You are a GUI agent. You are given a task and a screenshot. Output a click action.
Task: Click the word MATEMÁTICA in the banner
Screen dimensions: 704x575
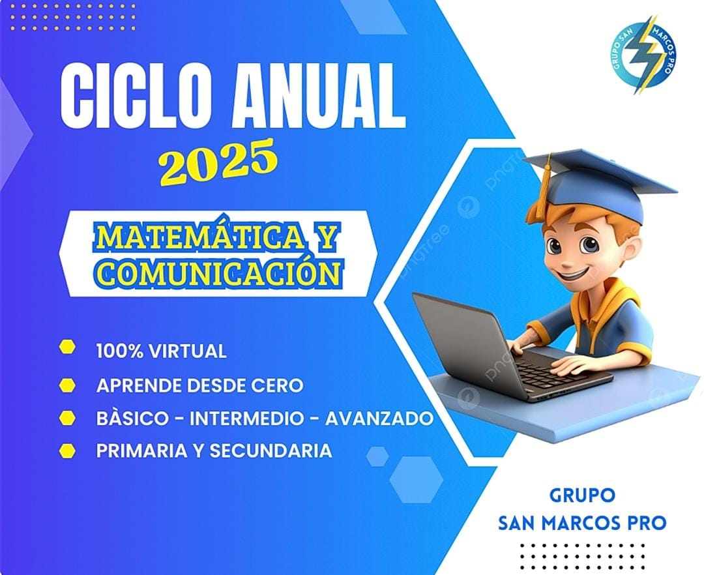199,237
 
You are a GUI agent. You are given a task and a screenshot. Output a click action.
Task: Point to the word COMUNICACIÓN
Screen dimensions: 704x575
218,272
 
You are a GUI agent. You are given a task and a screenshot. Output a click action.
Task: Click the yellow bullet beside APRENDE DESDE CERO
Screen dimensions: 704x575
67,385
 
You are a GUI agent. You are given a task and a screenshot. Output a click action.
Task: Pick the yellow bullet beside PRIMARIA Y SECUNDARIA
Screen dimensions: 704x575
67,450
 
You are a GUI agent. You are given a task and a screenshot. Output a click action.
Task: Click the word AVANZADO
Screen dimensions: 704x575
379,419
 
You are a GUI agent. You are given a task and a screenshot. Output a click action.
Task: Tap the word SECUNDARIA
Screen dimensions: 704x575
271,450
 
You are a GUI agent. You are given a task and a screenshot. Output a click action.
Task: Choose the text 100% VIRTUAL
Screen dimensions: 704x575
161,351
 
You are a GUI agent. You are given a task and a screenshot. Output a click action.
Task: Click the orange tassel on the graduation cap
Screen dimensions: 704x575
543,188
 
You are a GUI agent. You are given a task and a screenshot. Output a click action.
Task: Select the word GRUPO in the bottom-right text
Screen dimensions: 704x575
582,495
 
